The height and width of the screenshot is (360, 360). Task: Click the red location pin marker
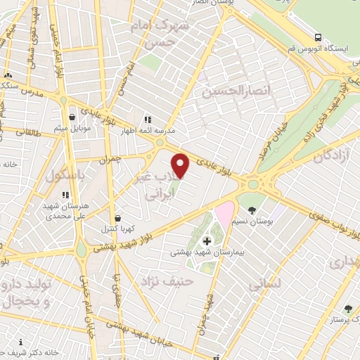point(181,166)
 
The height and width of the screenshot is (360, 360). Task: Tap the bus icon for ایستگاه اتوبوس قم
point(319,37)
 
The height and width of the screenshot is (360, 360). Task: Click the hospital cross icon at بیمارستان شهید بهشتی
point(206,242)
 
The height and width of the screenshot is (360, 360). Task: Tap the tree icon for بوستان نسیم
point(252,210)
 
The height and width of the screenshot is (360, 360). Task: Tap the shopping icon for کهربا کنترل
point(116,218)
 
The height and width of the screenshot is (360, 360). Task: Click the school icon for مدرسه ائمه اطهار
point(148,120)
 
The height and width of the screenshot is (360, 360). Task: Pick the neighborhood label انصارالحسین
point(226,91)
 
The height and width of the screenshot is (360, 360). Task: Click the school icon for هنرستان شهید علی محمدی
point(65,195)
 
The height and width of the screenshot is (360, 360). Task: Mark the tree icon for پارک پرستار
point(347,309)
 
